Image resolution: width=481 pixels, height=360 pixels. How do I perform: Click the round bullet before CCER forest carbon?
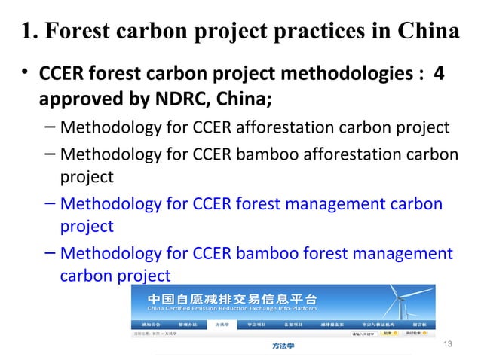25,75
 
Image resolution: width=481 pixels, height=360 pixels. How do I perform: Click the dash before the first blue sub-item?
49,203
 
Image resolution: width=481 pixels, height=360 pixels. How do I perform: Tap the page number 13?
449,344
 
